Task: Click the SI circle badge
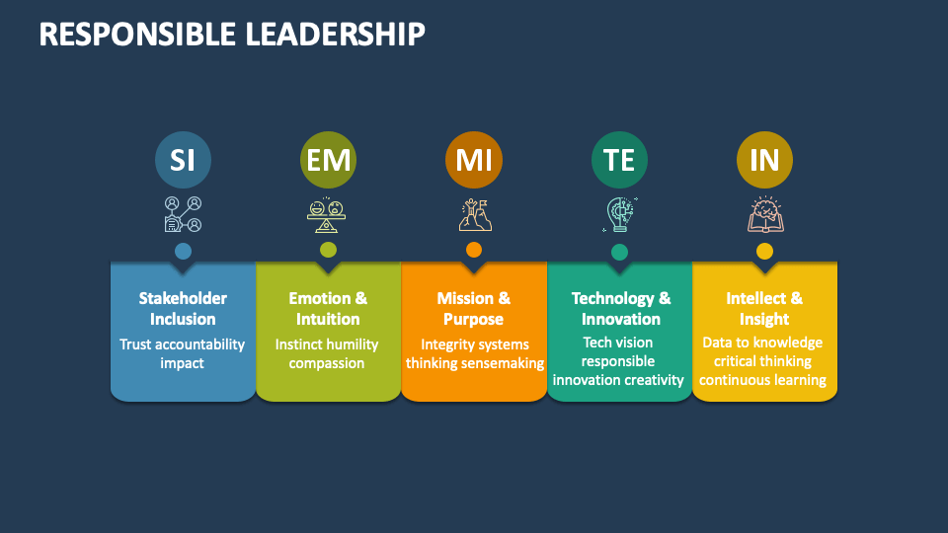coord(183,160)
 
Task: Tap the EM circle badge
coord(328,160)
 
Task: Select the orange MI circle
coord(474,160)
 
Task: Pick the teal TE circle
coord(619,160)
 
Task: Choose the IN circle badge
coord(764,160)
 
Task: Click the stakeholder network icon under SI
coord(183,214)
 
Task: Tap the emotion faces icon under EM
coord(328,214)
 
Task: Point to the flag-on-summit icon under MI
coord(474,214)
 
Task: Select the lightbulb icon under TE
coord(619,214)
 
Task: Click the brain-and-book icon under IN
coord(764,214)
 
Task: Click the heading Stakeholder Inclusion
coord(183,308)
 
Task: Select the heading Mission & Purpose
coord(474,308)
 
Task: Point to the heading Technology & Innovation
coord(620,308)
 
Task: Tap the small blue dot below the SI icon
coord(183,251)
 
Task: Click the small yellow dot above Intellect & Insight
coord(764,251)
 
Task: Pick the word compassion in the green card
coord(327,363)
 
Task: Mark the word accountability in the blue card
coord(201,344)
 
